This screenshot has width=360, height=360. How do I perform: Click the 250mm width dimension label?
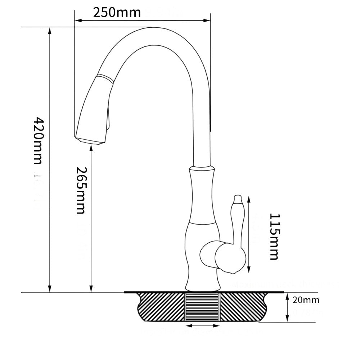[x=116, y=12]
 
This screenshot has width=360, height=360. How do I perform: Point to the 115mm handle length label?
[x=274, y=237]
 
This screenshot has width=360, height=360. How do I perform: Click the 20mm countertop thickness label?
[x=306, y=300]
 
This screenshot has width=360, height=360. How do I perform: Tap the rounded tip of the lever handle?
[x=237, y=198]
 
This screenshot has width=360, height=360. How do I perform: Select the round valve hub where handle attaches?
[x=230, y=258]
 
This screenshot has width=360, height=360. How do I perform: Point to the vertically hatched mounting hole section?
[x=202, y=307]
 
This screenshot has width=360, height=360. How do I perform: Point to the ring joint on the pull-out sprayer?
[x=104, y=77]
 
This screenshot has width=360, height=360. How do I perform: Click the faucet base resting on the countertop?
[x=202, y=287]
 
